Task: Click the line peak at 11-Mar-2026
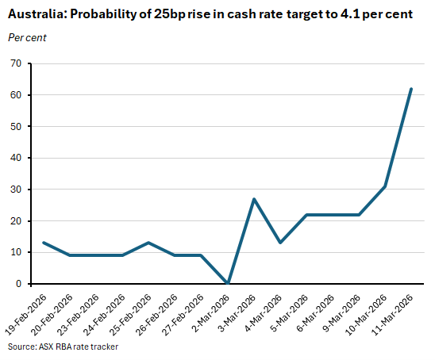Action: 410,89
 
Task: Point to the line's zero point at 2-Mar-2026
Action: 228,283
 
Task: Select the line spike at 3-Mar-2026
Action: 254,199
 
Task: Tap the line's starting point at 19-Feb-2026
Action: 44,243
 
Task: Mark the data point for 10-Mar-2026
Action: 384,186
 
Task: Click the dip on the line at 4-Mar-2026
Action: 280,243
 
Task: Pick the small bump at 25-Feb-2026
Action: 149,243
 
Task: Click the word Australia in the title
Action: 36,15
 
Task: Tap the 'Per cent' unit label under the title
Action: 28,37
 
